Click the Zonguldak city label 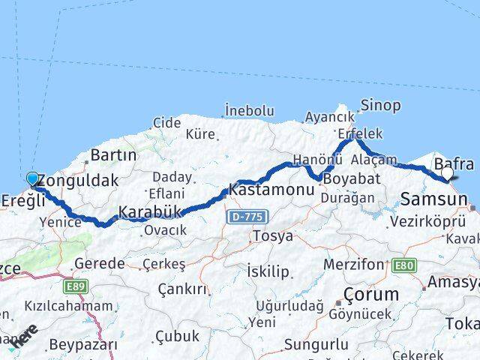(x=78, y=181)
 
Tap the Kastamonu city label (x=272, y=190)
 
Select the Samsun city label (x=434, y=199)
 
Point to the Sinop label (x=380, y=105)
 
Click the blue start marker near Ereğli (x=32, y=178)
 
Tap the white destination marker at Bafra (x=447, y=173)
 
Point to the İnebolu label (x=249, y=111)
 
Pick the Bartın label (x=112, y=155)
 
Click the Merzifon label (x=353, y=265)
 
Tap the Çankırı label (x=182, y=289)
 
